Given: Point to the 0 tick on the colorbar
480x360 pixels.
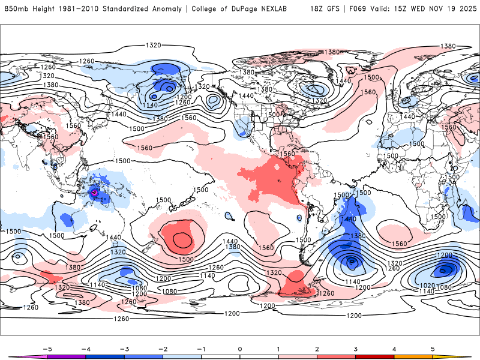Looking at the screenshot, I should pos(239,348).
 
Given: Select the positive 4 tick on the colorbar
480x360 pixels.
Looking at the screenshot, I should pos(394,348).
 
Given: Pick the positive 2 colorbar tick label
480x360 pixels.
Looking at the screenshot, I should pos(317,348).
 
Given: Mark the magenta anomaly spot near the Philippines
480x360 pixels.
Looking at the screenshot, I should pos(94,193).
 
